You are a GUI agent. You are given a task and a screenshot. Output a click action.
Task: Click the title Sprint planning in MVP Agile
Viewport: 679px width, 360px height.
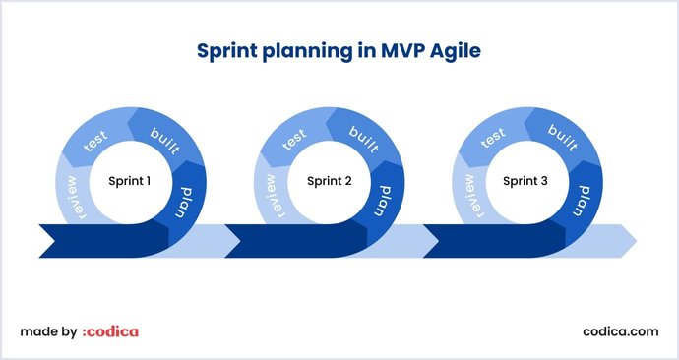click(x=339, y=49)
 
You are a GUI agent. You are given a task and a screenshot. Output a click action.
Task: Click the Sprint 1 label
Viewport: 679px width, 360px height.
click(x=129, y=181)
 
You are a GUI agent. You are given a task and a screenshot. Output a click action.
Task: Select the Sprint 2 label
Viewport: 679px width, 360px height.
click(x=330, y=181)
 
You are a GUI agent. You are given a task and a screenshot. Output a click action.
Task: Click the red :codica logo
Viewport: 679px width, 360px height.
click(x=110, y=331)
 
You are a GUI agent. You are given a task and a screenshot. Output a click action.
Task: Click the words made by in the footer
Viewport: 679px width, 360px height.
click(x=48, y=331)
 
